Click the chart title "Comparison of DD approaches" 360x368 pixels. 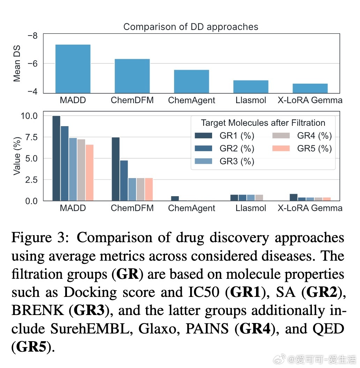[191, 27]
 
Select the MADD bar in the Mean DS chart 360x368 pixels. [73, 69]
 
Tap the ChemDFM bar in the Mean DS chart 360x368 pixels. [132, 76]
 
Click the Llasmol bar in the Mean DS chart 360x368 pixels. [251, 86]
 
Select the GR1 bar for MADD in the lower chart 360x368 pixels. [56, 158]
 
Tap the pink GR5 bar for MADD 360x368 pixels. [90, 172]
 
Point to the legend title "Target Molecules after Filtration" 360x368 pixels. [263, 123]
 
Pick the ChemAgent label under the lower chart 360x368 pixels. [192, 208]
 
